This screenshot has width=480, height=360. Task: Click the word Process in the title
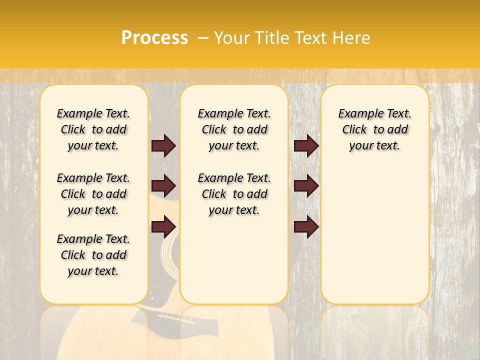[x=154, y=38]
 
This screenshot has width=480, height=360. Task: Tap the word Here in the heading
[x=350, y=38]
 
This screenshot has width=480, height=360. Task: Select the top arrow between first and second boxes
[x=163, y=145]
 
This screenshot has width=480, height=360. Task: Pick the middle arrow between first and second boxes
[x=163, y=186]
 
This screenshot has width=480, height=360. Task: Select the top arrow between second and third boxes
[x=306, y=145]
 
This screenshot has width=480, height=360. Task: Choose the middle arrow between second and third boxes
[x=306, y=186]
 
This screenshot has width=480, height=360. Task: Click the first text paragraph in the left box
[x=93, y=129]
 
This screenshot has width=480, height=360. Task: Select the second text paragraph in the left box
[x=93, y=194]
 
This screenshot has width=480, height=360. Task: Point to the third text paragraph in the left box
[x=93, y=255]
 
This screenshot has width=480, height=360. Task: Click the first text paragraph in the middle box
[x=234, y=129]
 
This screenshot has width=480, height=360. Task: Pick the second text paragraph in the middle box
[x=234, y=194]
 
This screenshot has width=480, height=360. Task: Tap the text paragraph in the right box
[x=374, y=129]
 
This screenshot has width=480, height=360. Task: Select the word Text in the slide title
[x=310, y=38]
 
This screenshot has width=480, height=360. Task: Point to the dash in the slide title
[x=203, y=38]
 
